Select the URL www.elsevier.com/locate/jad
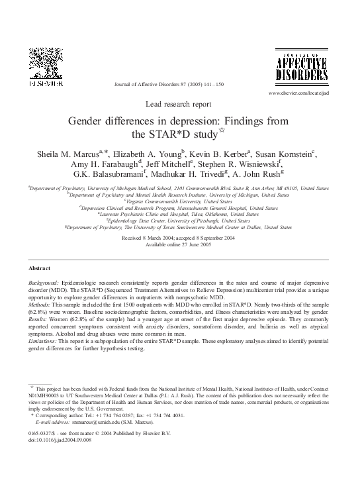point(298,95)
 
